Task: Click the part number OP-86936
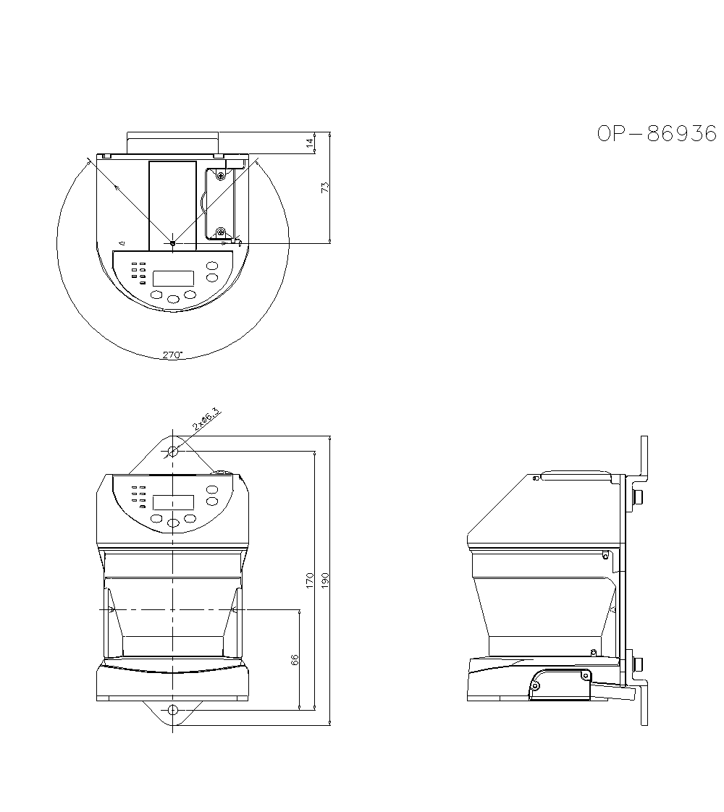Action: point(656,134)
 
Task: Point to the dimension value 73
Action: point(326,187)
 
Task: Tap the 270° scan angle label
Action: point(172,355)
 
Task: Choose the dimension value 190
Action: point(325,580)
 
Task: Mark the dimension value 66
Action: point(295,659)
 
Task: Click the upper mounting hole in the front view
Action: point(173,452)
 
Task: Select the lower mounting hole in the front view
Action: point(173,709)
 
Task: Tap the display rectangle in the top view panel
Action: point(174,278)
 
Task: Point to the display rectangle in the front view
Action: point(174,502)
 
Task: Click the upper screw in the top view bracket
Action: point(221,174)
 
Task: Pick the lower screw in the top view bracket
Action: point(221,232)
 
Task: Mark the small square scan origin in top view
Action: point(172,244)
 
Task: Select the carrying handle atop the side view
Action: point(577,475)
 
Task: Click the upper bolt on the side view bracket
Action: point(638,496)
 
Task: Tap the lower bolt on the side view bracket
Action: point(638,663)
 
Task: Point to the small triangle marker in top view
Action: point(122,242)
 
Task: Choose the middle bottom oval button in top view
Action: point(173,298)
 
